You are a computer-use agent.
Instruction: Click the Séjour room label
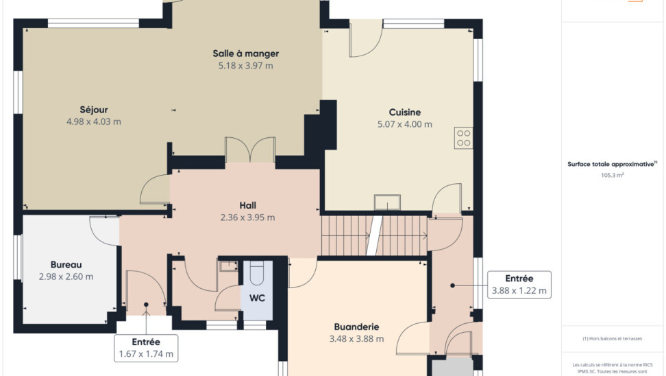[94, 110]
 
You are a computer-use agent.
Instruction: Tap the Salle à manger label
[246, 54]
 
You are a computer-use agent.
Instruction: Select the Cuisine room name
[405, 113]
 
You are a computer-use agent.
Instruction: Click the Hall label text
[247, 205]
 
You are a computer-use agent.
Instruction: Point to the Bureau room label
[66, 265]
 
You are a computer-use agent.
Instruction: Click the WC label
[257, 298]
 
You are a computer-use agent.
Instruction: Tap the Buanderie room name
[356, 327]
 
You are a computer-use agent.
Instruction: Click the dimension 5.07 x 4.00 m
[405, 124]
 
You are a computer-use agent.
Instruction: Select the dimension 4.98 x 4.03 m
[94, 121]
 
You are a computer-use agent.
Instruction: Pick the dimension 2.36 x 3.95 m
[247, 218]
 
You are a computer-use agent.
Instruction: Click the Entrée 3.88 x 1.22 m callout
[519, 285]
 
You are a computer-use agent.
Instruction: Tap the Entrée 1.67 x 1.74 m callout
[146, 348]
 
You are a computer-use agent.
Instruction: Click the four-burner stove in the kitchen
[463, 138]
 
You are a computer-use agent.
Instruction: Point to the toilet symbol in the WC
[257, 272]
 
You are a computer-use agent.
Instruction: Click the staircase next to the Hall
[374, 235]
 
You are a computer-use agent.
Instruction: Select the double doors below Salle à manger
[250, 150]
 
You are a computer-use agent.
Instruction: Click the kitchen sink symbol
[387, 202]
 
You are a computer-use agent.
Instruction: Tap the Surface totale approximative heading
[612, 164]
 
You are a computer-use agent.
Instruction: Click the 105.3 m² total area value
[612, 175]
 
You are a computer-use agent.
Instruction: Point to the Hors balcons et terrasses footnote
[612, 338]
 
